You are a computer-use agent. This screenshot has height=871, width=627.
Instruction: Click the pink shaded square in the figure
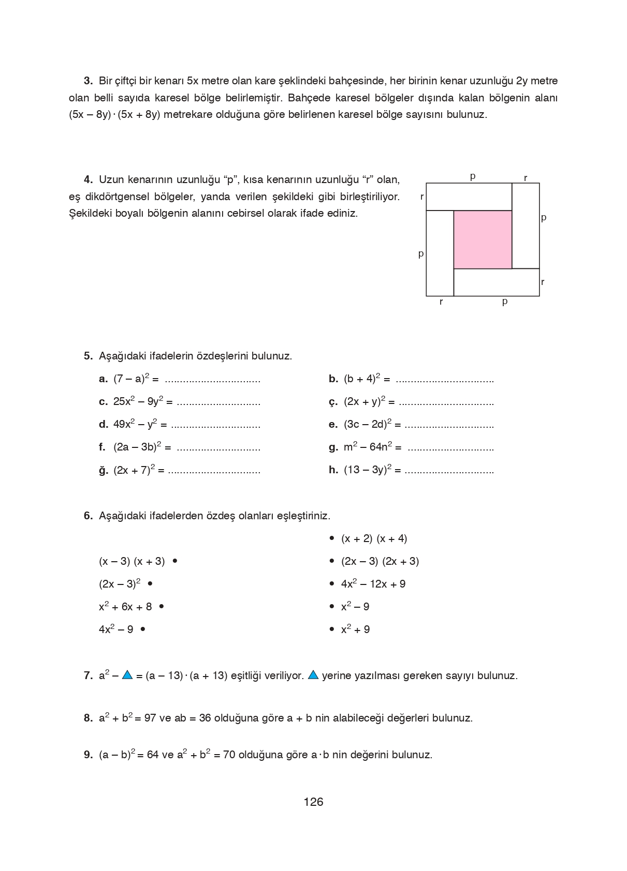click(483, 239)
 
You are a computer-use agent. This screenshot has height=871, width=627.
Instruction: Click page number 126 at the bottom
click(313, 802)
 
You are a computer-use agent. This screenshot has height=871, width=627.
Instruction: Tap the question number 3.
click(88, 81)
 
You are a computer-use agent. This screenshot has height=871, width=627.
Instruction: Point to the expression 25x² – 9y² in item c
click(138, 401)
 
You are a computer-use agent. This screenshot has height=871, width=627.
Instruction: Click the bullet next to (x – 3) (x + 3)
click(175, 561)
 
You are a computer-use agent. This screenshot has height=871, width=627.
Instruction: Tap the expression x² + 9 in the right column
click(355, 629)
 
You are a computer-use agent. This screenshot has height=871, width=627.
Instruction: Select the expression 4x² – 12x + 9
click(373, 584)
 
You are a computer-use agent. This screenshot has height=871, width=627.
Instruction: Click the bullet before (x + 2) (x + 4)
click(332, 538)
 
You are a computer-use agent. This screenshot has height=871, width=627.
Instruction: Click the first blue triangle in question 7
click(127, 675)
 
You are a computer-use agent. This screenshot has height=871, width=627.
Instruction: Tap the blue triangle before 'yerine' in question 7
click(313, 675)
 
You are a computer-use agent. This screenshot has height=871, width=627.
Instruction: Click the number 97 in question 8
click(150, 718)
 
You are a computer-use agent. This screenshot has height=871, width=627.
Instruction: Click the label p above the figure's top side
click(473, 176)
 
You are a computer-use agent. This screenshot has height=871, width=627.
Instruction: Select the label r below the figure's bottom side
click(441, 302)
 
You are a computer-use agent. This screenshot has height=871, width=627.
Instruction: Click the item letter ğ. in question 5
click(104, 470)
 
